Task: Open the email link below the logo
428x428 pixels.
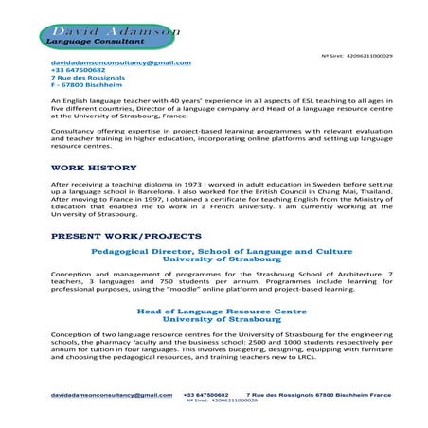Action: click(120, 62)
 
